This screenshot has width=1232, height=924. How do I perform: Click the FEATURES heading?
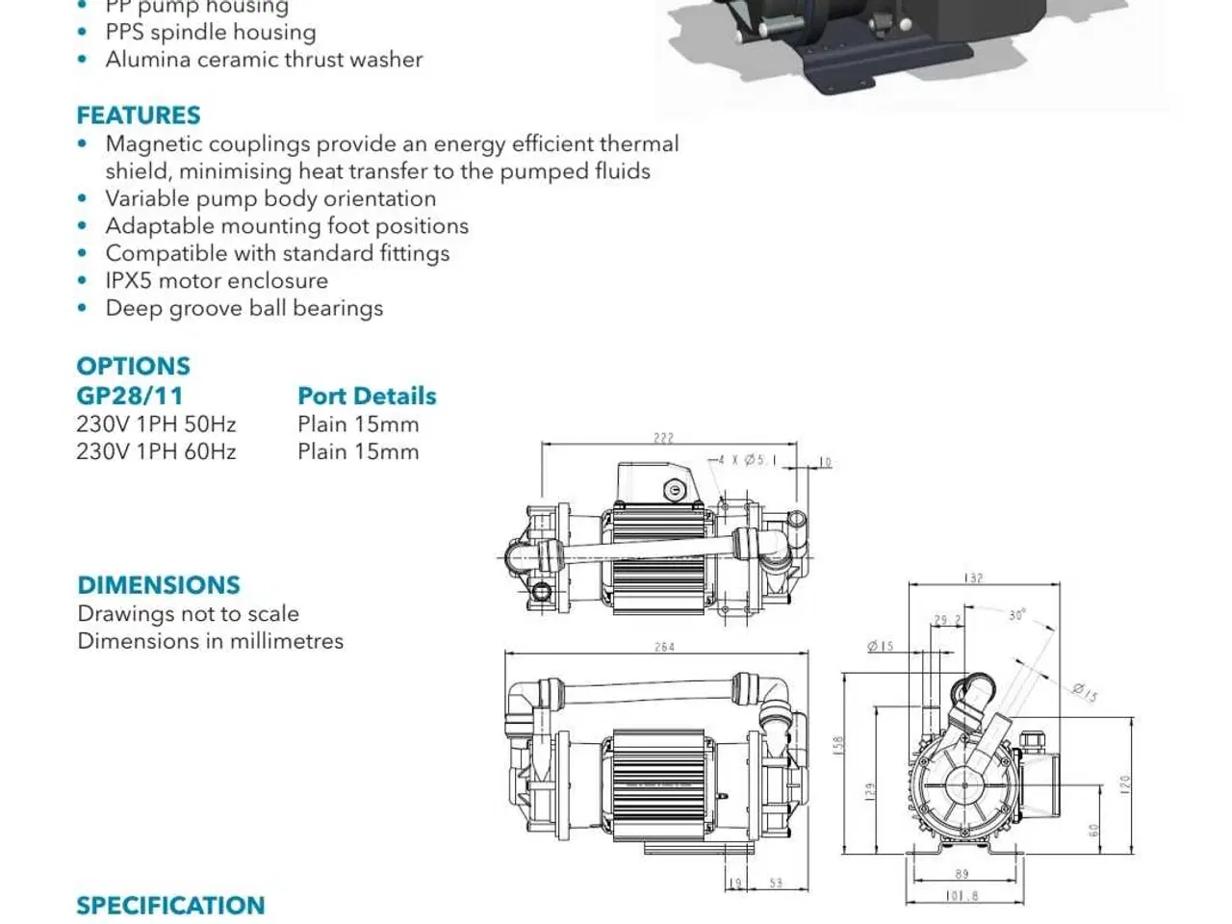[x=139, y=115]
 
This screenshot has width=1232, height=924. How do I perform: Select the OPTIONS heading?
[x=133, y=367]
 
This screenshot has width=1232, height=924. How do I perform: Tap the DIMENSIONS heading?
[x=159, y=585]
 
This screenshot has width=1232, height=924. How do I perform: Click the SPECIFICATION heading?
[x=170, y=906]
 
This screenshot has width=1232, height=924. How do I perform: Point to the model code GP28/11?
[x=129, y=396]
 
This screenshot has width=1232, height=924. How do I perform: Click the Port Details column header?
[x=367, y=396]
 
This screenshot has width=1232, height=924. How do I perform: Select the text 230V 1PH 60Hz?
[x=156, y=451]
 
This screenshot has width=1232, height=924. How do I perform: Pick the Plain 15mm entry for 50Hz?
[x=358, y=424]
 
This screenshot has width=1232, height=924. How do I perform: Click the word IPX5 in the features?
[x=129, y=281]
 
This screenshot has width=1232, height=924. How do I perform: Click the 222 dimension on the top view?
[x=663, y=438]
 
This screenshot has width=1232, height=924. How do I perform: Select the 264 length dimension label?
[x=664, y=647]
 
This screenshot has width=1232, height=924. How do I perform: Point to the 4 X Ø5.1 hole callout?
[x=745, y=460]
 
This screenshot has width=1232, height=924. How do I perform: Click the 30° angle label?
[x=1016, y=614]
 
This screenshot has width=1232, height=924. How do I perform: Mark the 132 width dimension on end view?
[x=974, y=578]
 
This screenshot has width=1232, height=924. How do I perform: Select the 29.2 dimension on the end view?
[x=946, y=621]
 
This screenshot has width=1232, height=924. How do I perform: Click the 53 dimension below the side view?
[x=776, y=883]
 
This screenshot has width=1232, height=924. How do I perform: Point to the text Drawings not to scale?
[x=188, y=614]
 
